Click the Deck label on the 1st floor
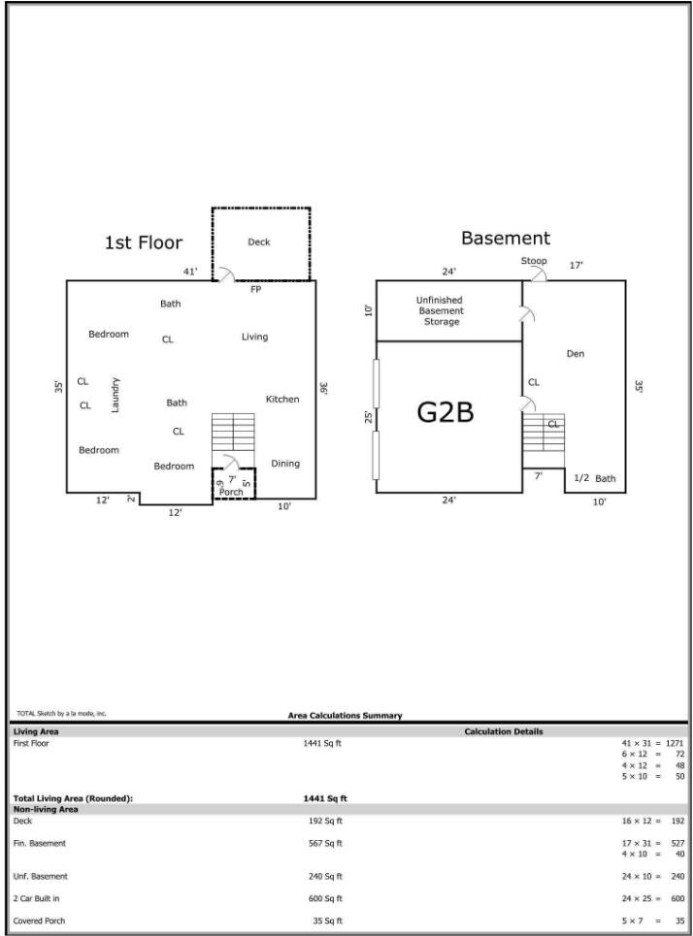259,242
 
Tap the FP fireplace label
255,289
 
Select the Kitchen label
282,400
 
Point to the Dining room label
285,464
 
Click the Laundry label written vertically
115,395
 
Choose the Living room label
254,337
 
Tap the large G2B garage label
445,412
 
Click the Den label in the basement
576,354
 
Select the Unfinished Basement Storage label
440,310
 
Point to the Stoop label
534,261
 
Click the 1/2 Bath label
594,478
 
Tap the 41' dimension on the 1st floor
190,272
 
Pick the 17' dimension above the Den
576,265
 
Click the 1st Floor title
144,242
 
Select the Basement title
506,239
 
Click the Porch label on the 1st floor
231,492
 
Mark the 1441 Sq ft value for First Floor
322,743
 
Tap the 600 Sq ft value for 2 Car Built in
325,898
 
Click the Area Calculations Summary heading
346,715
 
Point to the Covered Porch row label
39,920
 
